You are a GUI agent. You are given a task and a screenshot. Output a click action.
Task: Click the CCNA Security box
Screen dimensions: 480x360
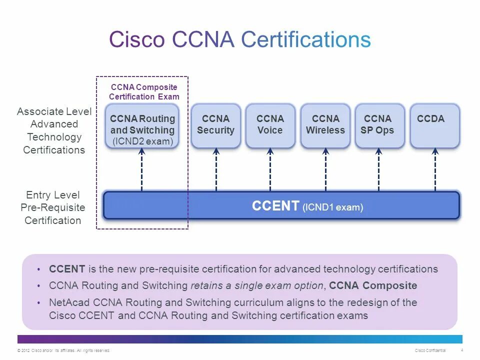point(215,125)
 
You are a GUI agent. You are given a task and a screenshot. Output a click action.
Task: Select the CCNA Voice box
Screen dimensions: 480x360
point(270,125)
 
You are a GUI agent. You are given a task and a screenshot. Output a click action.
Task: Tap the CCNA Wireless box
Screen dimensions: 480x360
point(325,125)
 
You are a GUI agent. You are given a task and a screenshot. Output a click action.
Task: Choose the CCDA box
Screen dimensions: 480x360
point(434,125)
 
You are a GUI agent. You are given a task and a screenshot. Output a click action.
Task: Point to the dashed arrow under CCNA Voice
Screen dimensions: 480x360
point(270,169)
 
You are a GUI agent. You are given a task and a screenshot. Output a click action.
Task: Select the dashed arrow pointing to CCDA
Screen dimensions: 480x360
point(435,169)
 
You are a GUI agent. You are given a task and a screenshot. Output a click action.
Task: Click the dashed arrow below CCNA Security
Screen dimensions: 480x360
point(216,169)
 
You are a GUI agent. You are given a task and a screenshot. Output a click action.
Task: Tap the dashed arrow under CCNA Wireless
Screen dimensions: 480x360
point(325,169)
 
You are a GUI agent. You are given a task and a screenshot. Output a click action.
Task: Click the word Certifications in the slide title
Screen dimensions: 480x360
point(305,39)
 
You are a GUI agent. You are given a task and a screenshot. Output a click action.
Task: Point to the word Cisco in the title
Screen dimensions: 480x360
point(136,39)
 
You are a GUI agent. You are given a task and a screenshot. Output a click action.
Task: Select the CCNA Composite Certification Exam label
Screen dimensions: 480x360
point(144,92)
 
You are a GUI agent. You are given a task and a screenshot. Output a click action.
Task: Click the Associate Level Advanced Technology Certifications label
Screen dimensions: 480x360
point(54,130)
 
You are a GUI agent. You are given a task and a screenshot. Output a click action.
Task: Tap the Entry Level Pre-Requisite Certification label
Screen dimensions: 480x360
point(53,207)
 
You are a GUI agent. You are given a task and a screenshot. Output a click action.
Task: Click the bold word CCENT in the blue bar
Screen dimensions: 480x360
point(275,206)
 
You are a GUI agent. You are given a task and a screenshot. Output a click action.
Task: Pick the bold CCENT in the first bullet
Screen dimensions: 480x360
point(67,269)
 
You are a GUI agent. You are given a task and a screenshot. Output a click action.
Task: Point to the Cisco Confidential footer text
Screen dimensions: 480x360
point(430,350)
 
